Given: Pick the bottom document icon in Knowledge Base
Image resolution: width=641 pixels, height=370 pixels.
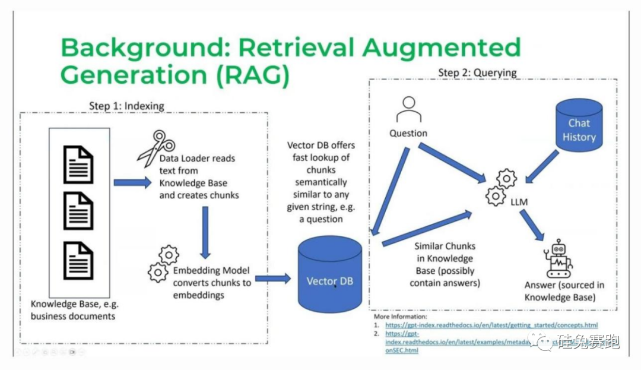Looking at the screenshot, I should pos(78,260).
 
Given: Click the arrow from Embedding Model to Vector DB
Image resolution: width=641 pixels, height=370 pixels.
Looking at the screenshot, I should pos(272,278).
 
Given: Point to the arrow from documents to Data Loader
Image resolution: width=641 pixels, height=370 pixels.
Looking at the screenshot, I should pos(132,182).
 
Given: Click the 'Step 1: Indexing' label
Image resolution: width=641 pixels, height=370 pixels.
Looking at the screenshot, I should pos(126,106).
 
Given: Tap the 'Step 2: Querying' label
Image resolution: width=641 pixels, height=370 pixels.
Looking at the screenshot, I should pos(477,72).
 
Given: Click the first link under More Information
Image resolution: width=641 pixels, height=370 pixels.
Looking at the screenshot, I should pos(491,325).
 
